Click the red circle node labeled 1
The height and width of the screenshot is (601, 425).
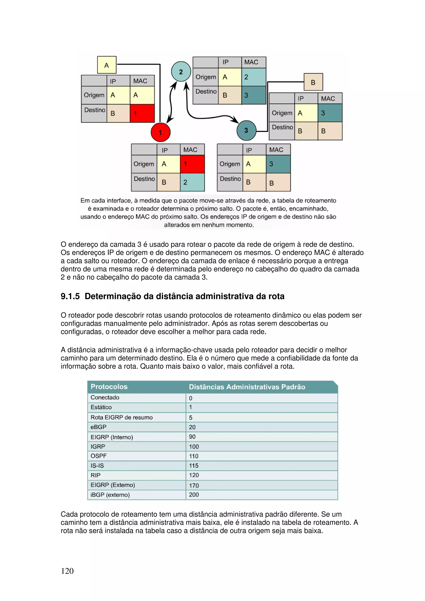pos(161,132)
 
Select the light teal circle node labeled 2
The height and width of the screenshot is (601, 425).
pos(181,72)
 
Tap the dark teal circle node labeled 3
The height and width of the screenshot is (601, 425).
pos(246,130)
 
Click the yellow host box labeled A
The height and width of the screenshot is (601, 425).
pos(107,65)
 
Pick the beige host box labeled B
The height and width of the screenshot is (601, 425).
pos(313,82)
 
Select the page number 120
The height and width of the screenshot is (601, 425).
pos(67,571)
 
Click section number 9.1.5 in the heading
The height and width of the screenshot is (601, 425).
pos(70,296)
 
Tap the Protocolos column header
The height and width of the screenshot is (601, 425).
pos(109,387)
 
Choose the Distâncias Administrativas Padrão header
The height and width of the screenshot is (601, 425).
pos(247,387)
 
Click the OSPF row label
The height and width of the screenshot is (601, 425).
pos(98,456)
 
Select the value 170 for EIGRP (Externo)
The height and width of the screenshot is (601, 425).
pos(194,485)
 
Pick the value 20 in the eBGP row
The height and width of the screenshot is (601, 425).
pos(192,427)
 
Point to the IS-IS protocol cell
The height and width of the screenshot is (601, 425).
pos(97,466)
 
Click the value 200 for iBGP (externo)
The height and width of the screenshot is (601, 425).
pos(194,495)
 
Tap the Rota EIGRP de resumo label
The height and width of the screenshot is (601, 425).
pos(122,417)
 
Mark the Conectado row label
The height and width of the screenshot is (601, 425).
pos(105,397)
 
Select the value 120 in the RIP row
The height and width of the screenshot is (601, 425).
pos(194,475)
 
